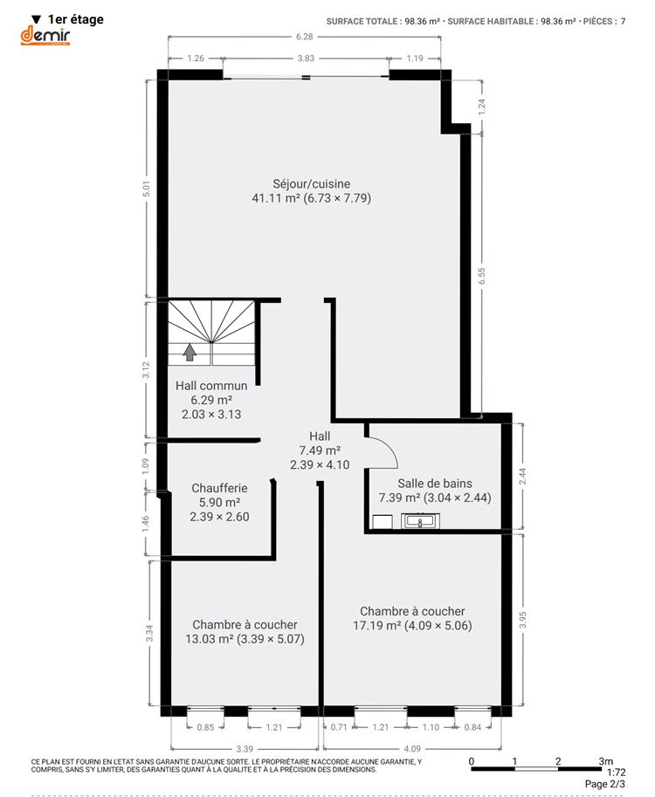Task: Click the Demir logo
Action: (45, 36)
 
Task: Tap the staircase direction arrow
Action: (190, 352)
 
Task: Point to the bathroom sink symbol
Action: (421, 521)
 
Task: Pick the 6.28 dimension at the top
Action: (305, 37)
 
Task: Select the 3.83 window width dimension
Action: (307, 58)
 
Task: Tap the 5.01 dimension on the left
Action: (147, 189)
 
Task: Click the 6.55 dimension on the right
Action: (481, 276)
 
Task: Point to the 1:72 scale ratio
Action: (617, 773)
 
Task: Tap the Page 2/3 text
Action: (605, 784)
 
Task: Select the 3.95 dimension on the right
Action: (523, 620)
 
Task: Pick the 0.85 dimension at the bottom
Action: (205, 727)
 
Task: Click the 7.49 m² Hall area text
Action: (320, 450)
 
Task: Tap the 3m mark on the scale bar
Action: (605, 761)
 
